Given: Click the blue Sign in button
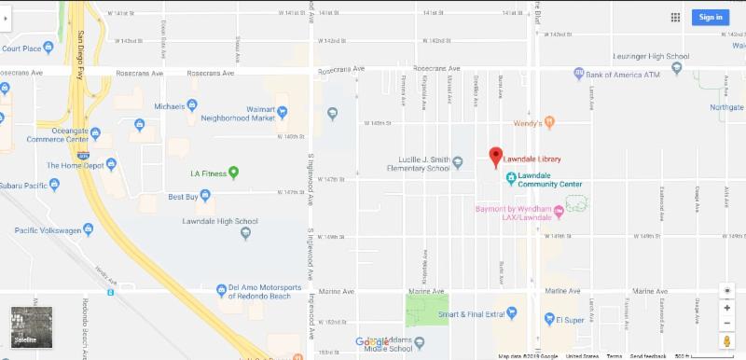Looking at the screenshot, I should click(711, 17).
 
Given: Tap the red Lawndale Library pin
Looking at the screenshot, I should click(495, 157).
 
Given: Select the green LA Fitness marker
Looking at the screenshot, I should click(233, 172).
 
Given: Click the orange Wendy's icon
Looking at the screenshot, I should click(550, 122).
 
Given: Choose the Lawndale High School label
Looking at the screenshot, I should click(220, 221).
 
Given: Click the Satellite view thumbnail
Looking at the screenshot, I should click(25, 327).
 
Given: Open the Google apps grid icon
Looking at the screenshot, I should click(675, 17).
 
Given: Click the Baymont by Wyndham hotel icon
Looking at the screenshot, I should click(559, 211).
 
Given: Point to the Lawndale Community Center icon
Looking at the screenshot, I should click(510, 178).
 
